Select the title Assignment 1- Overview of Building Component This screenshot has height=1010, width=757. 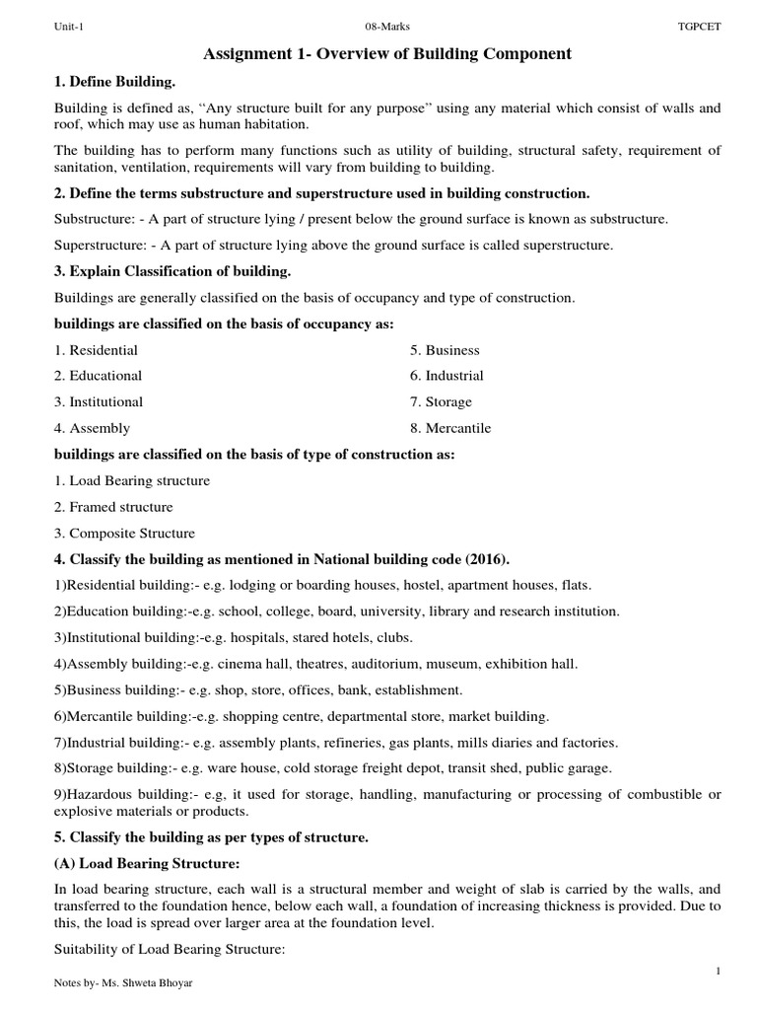click(386, 53)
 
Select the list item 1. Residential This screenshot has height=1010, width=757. click(96, 350)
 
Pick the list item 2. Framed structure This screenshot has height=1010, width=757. click(113, 507)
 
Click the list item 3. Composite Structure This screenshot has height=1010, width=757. click(124, 534)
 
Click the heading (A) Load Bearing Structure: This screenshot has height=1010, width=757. click(148, 864)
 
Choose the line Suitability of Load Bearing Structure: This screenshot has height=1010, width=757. click(170, 950)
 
